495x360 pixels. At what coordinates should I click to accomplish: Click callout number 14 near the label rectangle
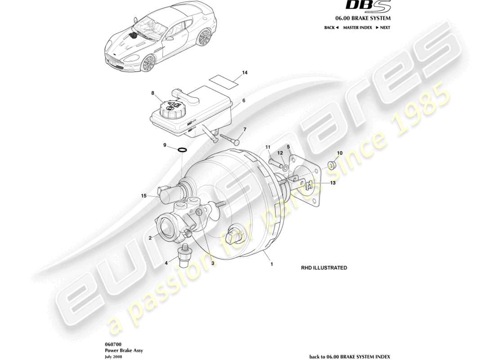point(245,72)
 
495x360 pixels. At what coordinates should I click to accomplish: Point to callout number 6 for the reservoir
point(243,101)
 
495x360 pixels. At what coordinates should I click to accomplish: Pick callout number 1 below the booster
point(272,265)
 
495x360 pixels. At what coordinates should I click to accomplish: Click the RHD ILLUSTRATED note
point(324,268)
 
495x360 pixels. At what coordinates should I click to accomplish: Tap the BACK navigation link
point(331,27)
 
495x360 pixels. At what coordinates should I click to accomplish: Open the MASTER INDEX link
point(357,27)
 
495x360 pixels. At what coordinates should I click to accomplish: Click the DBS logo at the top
point(368,6)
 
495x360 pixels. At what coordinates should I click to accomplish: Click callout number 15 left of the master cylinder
point(144,196)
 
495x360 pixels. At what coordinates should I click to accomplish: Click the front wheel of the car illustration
point(148,63)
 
